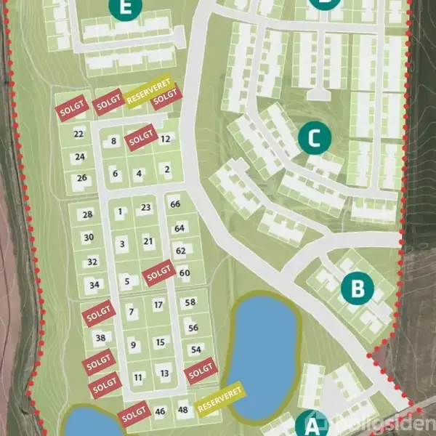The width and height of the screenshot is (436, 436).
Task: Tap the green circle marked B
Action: point(357,288)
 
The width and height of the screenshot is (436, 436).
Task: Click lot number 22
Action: point(79,134)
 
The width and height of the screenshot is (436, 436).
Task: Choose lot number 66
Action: point(174,204)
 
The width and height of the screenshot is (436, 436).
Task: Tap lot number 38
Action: point(100,337)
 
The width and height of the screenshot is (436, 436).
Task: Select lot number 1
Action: point(121,211)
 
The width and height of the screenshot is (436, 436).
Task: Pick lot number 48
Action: point(182,411)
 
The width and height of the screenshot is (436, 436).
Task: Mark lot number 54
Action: point(195,350)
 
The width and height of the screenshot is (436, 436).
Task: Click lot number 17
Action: point(158,305)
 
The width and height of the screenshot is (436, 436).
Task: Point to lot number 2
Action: point(167,169)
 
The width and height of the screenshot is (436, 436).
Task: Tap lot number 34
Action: point(94,285)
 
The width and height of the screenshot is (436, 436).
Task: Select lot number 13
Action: point(165,374)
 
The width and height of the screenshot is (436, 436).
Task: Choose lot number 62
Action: point(181,251)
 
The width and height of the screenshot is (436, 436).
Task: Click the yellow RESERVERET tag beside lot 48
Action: point(221,397)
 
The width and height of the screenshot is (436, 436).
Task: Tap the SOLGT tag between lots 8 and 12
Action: point(140,139)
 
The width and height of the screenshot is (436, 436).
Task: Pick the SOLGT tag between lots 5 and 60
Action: point(159,272)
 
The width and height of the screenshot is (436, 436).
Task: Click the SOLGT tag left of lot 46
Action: point(135,414)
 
